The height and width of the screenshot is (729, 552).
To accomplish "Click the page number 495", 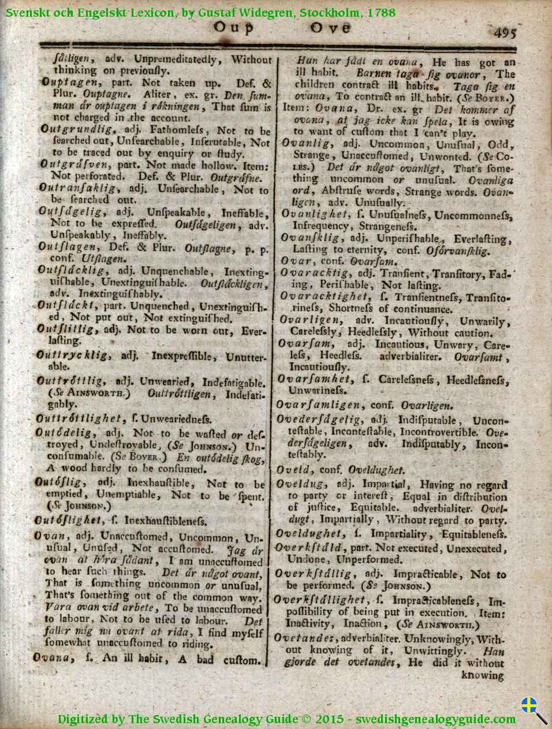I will click(x=505, y=33).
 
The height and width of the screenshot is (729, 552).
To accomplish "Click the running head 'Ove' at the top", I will click(x=329, y=28).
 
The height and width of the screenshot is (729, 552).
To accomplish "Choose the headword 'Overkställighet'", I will click(x=320, y=600).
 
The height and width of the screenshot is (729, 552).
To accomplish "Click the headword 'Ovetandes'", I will click(x=304, y=638).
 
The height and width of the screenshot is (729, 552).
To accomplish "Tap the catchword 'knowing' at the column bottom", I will click(x=483, y=675).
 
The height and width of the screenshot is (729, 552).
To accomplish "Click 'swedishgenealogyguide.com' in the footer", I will click(x=435, y=719).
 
